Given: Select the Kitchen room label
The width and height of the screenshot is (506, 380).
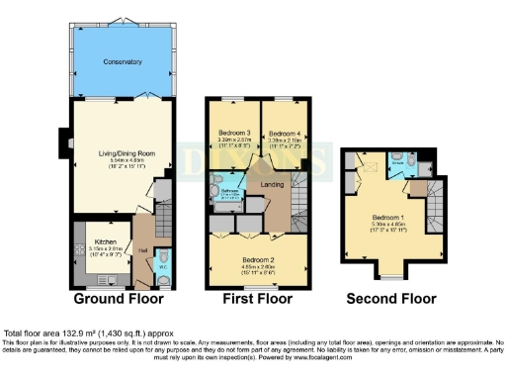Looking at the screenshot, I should click(x=106, y=240).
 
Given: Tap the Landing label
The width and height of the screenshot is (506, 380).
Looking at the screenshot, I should click(x=272, y=185).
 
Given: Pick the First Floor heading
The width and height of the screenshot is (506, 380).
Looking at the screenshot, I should click(x=260, y=297).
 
